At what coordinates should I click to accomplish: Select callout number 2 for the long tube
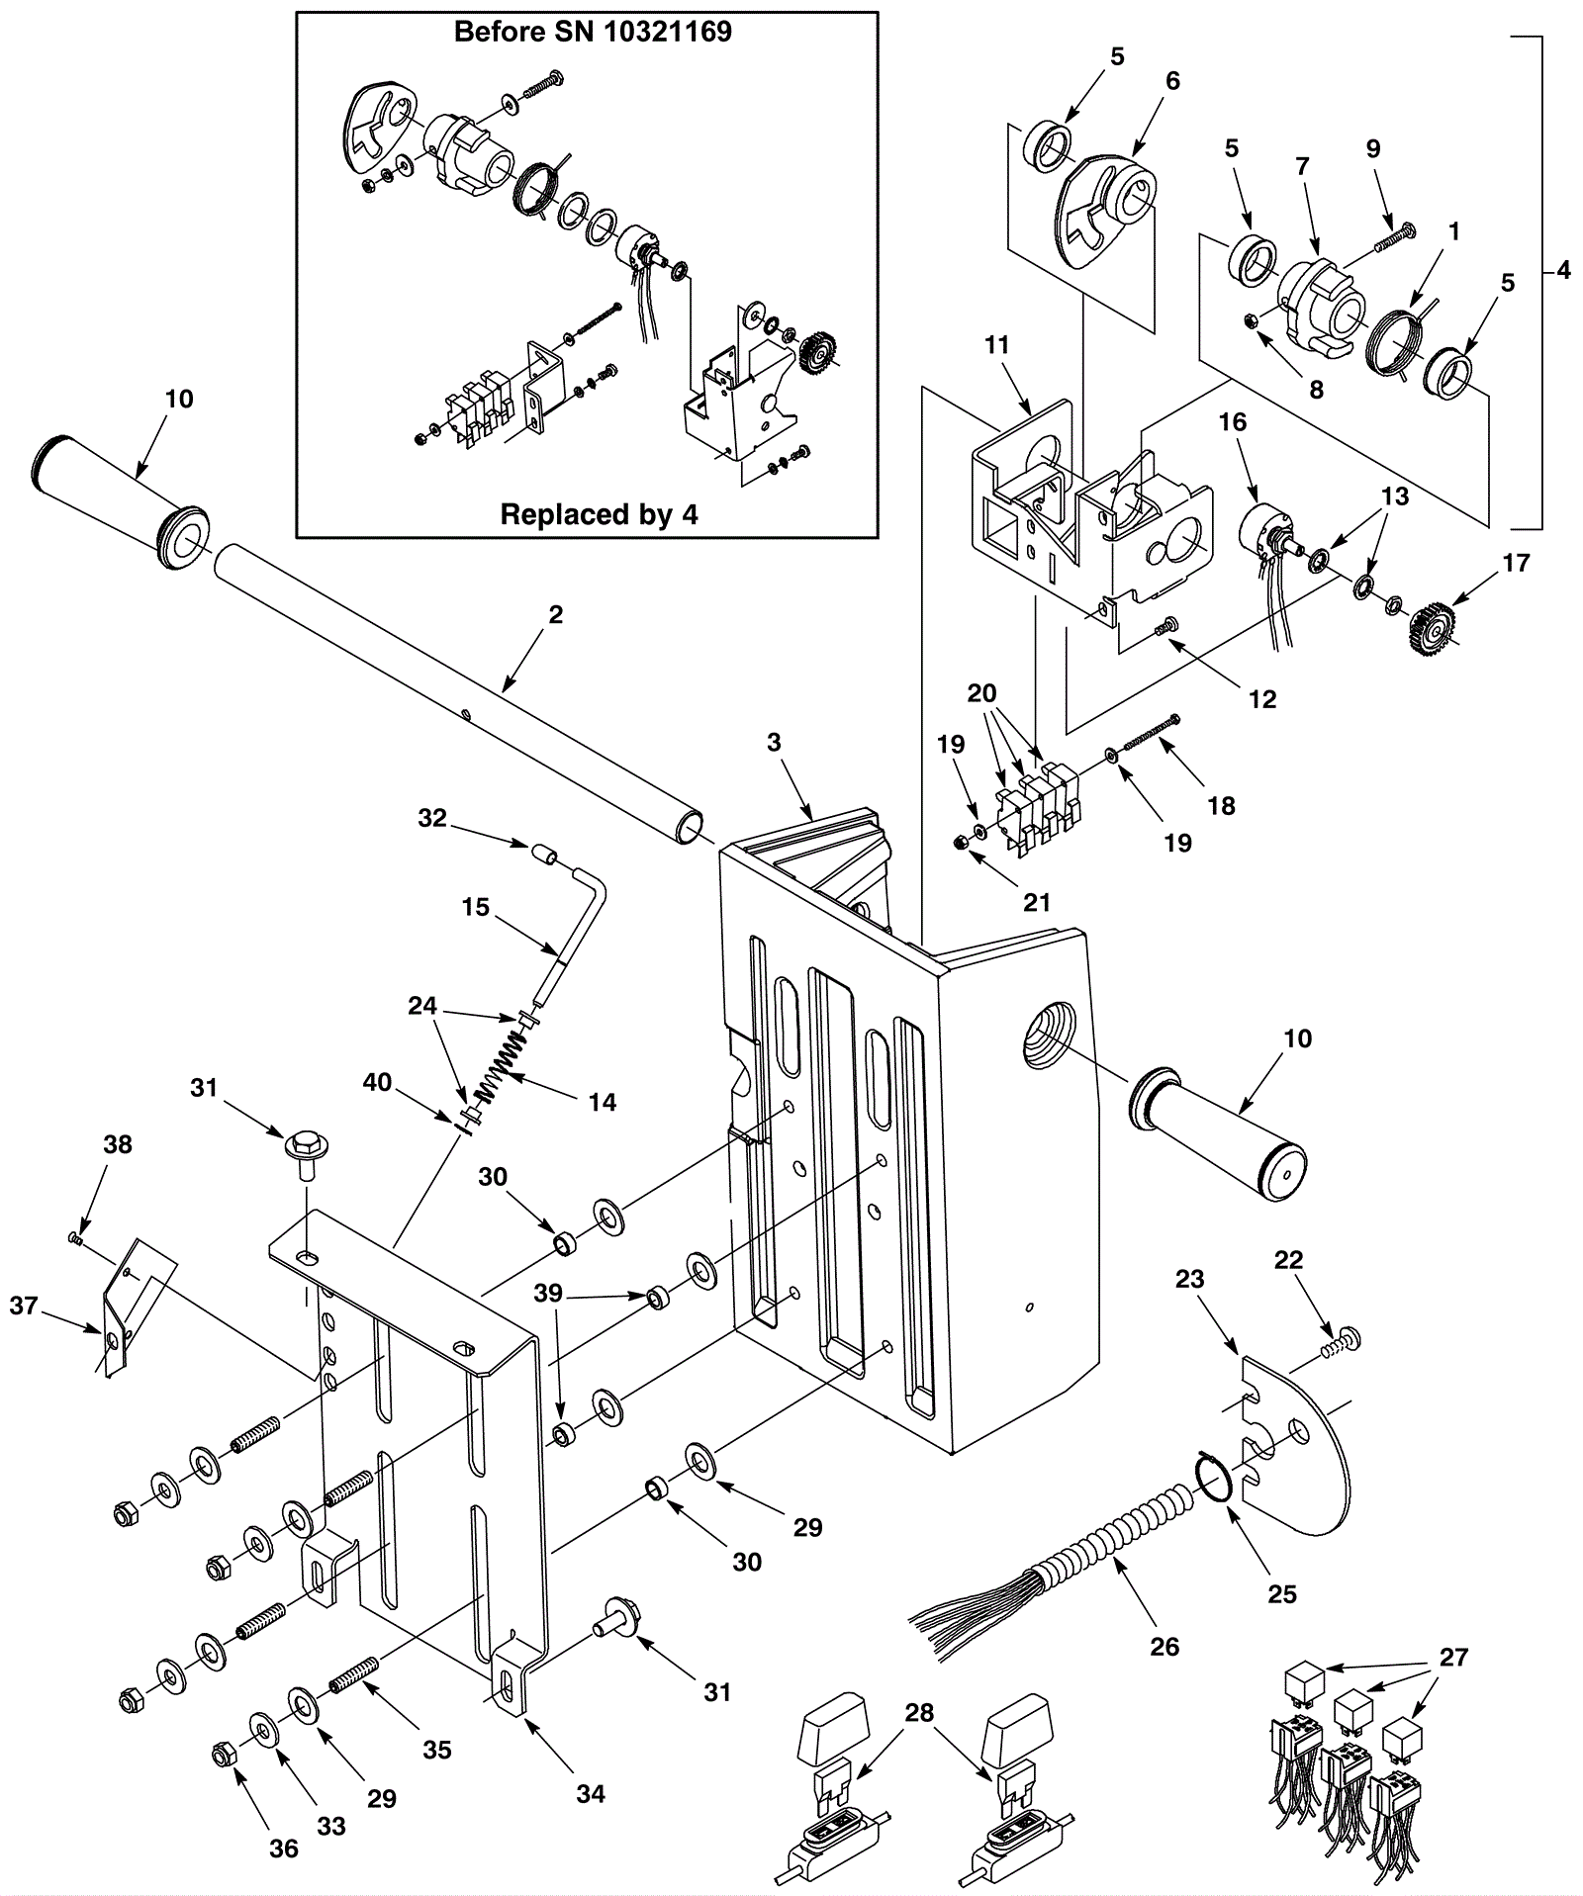(x=556, y=614)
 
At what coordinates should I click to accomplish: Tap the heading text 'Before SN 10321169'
(x=593, y=32)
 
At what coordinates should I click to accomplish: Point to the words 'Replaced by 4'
(x=599, y=514)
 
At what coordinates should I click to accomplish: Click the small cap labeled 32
(x=541, y=853)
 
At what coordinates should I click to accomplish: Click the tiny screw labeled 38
(x=75, y=1238)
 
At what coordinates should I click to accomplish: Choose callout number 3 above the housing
(x=774, y=741)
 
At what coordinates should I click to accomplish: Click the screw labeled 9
(x=1391, y=237)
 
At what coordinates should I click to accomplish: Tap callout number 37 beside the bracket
(x=24, y=1306)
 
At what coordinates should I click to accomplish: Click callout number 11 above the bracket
(x=996, y=344)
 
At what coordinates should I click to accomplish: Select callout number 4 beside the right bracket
(x=1563, y=269)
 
